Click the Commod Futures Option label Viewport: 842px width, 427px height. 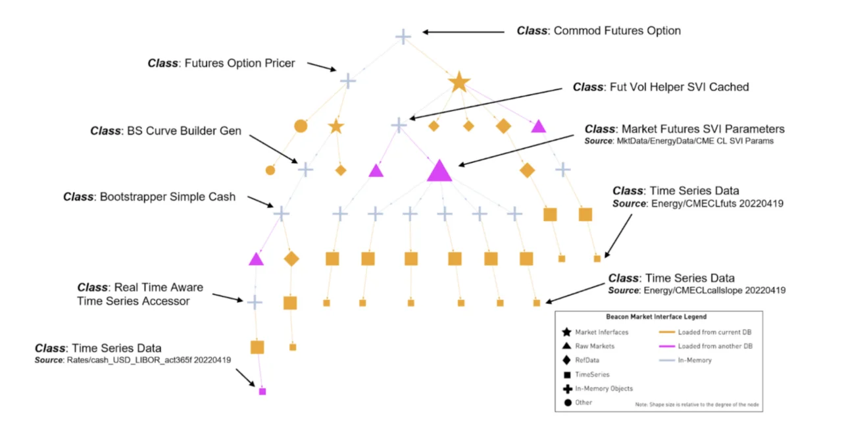coord(599,31)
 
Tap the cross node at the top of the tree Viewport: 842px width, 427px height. coord(403,36)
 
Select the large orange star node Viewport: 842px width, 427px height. coord(459,82)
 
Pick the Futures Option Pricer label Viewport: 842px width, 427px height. coord(221,64)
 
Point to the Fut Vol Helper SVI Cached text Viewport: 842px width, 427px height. coord(660,87)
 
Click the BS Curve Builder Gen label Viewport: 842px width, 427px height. coord(166,131)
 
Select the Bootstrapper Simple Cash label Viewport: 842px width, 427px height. coord(149,197)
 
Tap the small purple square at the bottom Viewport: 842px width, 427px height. coord(262,391)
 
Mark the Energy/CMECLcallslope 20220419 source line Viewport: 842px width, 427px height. coord(697,290)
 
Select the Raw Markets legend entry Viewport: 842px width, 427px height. coord(595,346)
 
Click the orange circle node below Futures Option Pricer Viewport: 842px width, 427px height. coord(301,126)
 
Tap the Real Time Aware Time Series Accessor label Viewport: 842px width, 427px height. coord(140,294)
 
